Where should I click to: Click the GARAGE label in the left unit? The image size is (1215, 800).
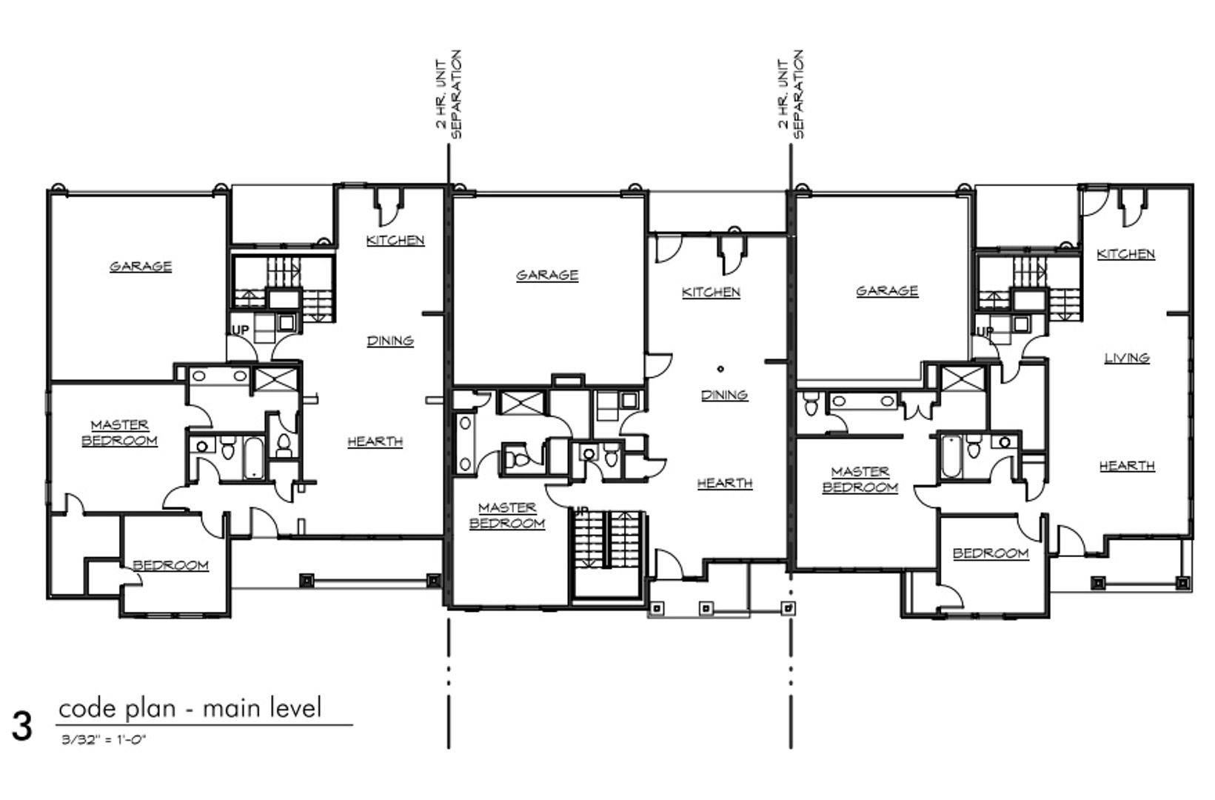(x=141, y=267)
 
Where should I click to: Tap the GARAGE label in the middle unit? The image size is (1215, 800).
(x=547, y=275)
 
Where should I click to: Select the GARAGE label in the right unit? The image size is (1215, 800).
(x=888, y=291)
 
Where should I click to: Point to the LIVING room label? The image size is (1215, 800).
(x=1127, y=359)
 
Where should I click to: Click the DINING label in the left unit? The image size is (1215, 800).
(x=390, y=341)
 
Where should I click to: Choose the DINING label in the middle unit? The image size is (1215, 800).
(x=725, y=395)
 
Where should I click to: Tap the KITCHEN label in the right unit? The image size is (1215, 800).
(x=1126, y=254)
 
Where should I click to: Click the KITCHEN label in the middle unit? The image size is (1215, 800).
(x=711, y=292)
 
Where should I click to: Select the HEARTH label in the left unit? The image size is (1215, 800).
(x=375, y=441)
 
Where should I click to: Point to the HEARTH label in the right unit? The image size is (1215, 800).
(x=1127, y=466)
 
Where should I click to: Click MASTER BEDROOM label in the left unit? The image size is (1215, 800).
(x=120, y=433)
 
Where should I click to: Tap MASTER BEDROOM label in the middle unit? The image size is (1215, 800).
(x=507, y=516)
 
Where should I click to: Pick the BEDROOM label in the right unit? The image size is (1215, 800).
(x=991, y=553)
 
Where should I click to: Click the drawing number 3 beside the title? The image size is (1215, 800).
(x=21, y=727)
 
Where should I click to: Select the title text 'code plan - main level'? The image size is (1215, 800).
(x=190, y=708)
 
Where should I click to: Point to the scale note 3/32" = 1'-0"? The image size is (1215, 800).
(x=104, y=740)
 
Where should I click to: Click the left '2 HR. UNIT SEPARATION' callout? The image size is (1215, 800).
(x=449, y=94)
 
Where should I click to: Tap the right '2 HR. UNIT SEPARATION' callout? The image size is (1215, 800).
(x=791, y=94)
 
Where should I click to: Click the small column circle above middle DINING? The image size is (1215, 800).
(x=720, y=369)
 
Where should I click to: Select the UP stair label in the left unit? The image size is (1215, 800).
(x=241, y=330)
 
